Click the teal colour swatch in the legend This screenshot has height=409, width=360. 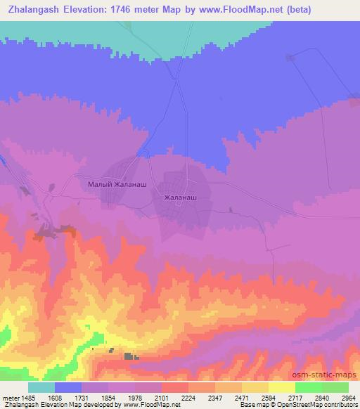pos(41,387)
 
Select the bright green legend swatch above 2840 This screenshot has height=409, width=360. pos(308,387)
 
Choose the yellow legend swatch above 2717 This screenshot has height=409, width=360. pos(281,387)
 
